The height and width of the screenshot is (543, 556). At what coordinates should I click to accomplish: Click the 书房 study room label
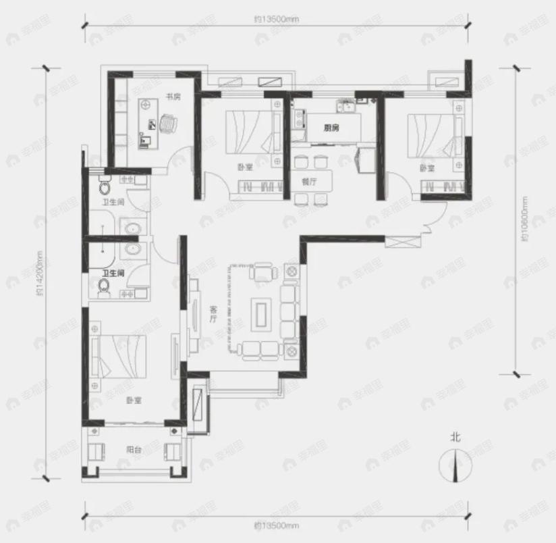click(172, 97)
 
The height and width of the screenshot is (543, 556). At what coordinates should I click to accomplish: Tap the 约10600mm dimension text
click(523, 219)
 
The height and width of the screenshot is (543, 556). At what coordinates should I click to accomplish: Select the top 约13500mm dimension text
click(276, 19)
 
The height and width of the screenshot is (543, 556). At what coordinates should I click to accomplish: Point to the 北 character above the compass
click(457, 438)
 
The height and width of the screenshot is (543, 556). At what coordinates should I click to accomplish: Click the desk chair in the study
click(169, 124)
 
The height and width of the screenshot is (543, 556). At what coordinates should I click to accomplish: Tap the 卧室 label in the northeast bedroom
click(426, 167)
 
